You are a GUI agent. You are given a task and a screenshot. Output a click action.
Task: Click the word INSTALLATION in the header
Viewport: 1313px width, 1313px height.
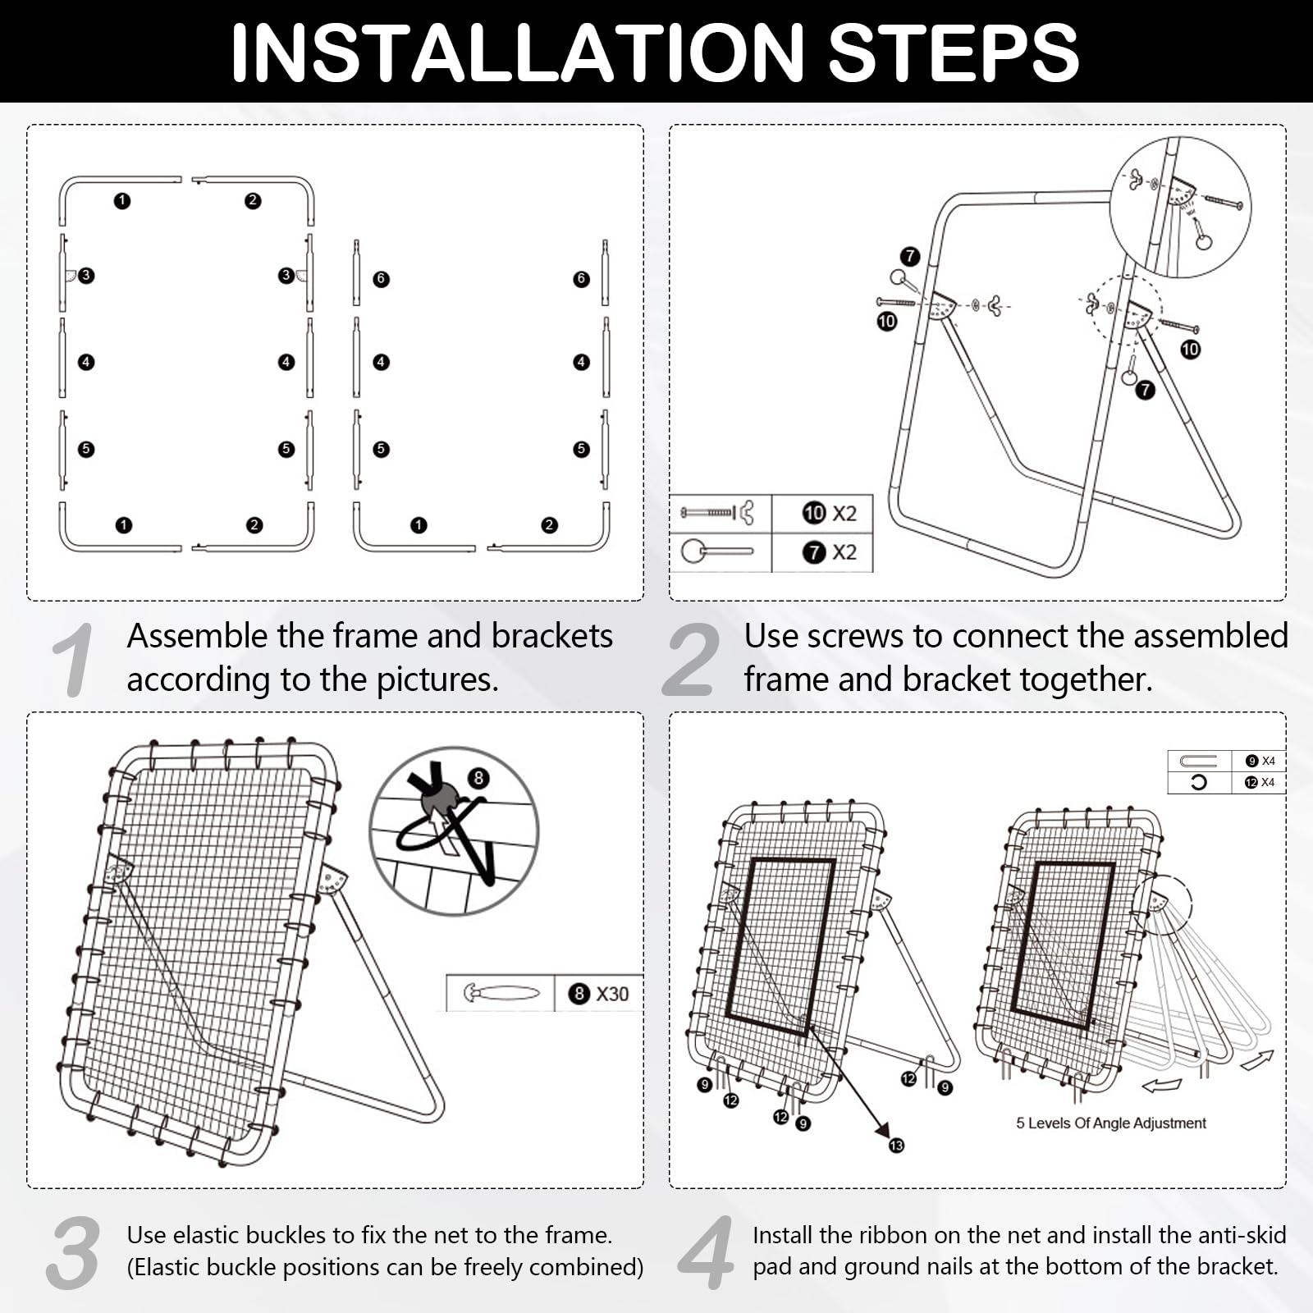517,53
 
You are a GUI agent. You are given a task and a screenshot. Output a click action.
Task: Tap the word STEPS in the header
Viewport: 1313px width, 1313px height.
954,53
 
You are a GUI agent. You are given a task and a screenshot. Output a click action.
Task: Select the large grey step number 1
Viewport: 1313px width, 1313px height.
73,661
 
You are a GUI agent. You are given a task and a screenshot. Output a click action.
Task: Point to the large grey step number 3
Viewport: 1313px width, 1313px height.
74,1253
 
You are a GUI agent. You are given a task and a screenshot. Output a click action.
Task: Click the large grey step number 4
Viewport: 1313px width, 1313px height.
707,1253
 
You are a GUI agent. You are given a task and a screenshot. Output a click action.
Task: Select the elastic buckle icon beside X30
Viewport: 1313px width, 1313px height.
501,994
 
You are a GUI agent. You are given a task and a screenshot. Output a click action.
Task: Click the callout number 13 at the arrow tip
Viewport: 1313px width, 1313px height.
896,1145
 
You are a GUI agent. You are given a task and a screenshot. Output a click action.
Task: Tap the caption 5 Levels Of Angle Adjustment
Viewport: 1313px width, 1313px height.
1111,1123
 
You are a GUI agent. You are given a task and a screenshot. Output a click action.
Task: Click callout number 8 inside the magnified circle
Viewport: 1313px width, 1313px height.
478,778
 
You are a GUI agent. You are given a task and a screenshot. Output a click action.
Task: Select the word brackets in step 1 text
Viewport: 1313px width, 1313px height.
552,636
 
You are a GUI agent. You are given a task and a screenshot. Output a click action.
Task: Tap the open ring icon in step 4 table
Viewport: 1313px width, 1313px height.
1198,782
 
